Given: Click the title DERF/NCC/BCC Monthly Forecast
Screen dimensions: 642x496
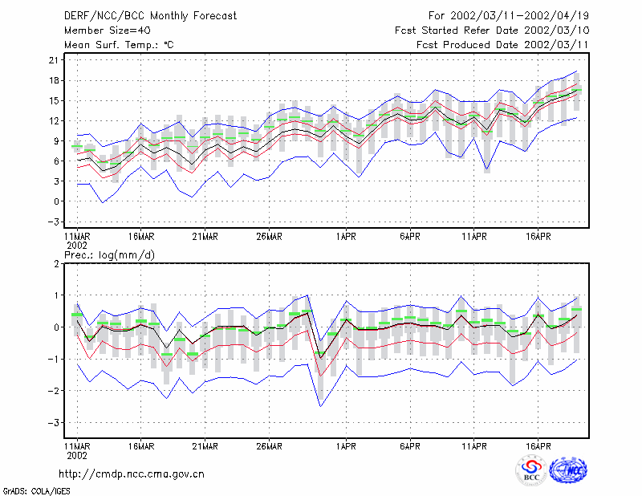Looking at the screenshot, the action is pos(150,16).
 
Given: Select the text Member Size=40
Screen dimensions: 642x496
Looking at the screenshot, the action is pos(108,30).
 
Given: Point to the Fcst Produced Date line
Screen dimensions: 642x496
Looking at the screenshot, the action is pos(502,45).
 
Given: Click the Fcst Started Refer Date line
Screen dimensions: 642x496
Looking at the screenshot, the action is pos(492,30).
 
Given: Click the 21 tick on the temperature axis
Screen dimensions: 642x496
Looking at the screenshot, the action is pos(54,60).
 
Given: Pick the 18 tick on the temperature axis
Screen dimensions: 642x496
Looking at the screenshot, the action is pos(54,80).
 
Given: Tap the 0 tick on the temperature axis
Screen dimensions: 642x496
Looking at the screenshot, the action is pos(56,201).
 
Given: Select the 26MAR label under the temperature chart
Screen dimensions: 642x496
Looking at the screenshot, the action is pos(269,236).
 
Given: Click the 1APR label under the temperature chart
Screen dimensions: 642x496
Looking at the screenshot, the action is pos(346,236).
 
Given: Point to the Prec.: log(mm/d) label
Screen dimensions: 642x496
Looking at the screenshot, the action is pos(109,255).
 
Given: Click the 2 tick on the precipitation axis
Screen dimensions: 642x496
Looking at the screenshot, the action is pos(56,263).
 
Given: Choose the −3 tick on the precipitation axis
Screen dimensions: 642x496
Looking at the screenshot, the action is pos(54,422).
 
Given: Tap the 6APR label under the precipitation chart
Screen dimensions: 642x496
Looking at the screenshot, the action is pos(410,446).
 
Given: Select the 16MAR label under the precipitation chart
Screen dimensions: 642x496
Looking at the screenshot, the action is pos(141,446).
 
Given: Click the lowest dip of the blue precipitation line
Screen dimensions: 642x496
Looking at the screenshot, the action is pos(320,406).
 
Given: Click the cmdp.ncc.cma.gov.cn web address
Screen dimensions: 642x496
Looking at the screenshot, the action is pos(132,474).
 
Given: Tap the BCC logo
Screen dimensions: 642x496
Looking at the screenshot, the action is pos(531,471).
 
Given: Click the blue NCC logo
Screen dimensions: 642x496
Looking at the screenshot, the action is pos(568,470).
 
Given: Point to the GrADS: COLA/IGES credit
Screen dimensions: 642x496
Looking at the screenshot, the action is pos(36,491).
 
